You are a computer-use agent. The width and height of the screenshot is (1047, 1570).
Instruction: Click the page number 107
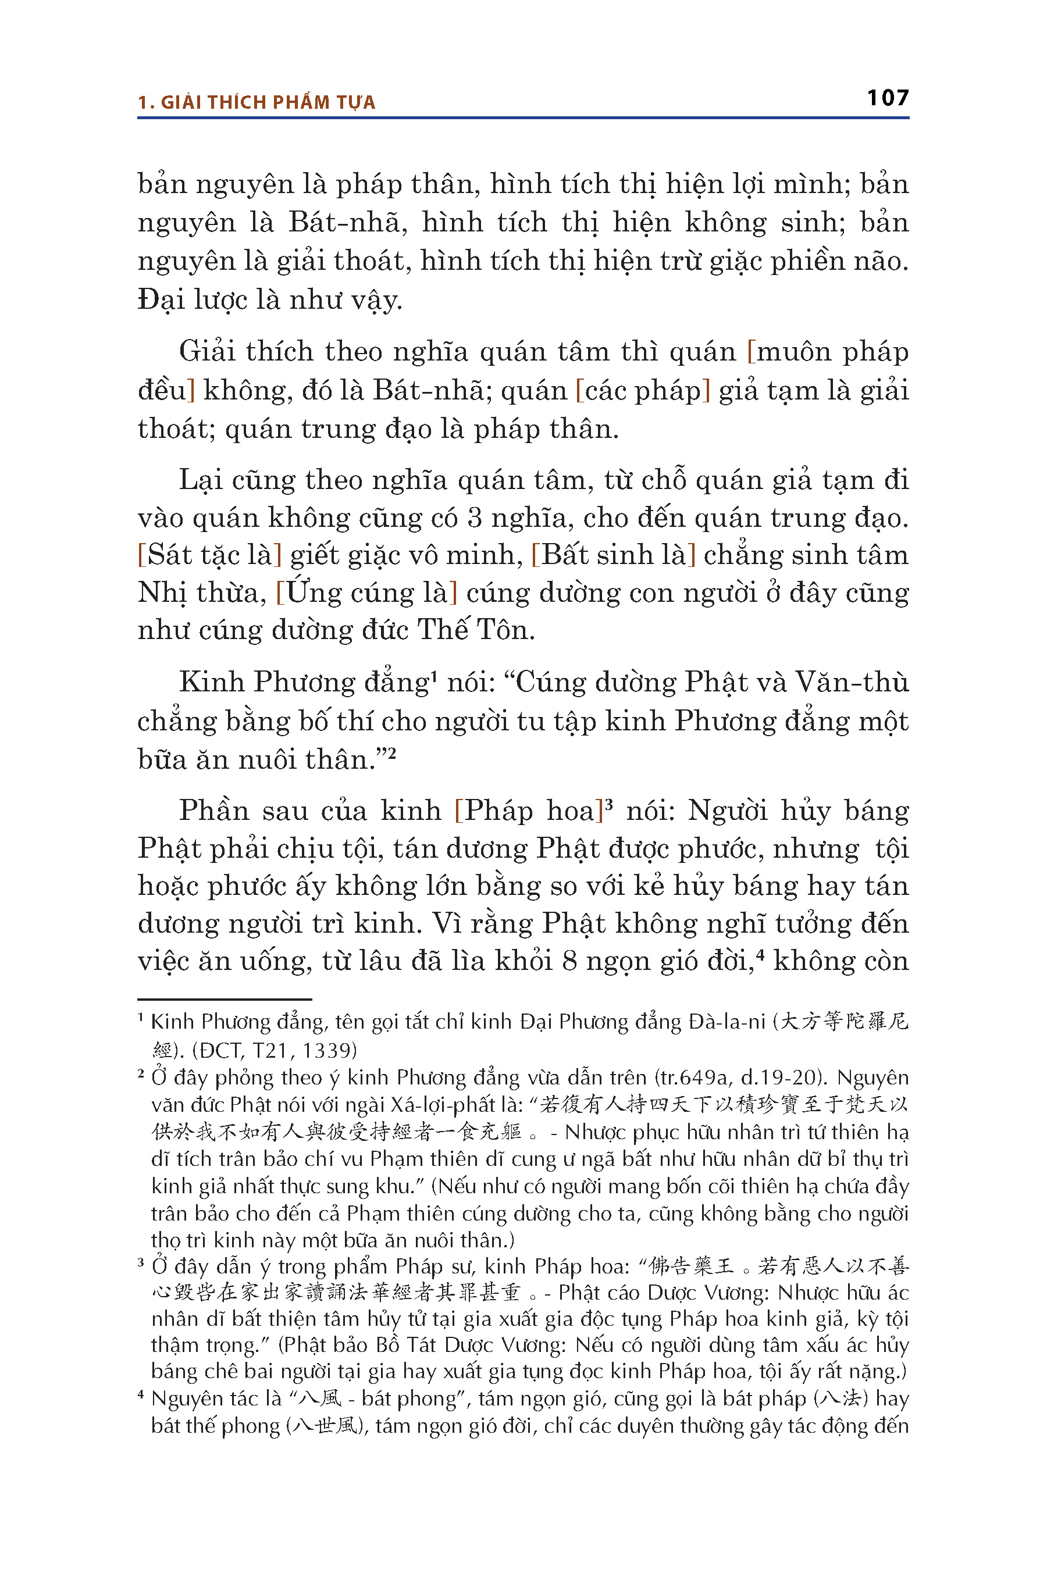(888, 98)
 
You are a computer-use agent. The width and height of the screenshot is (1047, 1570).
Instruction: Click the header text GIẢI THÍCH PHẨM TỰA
(268, 103)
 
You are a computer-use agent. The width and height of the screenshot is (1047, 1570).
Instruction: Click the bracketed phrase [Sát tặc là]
(209, 555)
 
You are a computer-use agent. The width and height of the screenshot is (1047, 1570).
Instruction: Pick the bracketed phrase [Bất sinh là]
(613, 555)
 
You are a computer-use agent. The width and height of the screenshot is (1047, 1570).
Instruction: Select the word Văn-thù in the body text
(852, 682)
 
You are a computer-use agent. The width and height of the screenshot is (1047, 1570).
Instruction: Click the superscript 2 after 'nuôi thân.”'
(392, 754)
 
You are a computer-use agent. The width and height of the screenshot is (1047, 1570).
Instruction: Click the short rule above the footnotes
(225, 999)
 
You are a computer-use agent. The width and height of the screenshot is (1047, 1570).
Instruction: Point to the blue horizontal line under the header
(523, 118)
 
